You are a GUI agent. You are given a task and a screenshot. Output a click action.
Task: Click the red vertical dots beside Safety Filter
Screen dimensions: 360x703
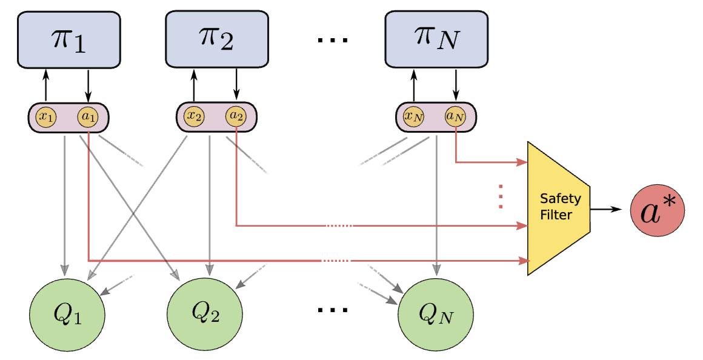[x=501, y=197]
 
